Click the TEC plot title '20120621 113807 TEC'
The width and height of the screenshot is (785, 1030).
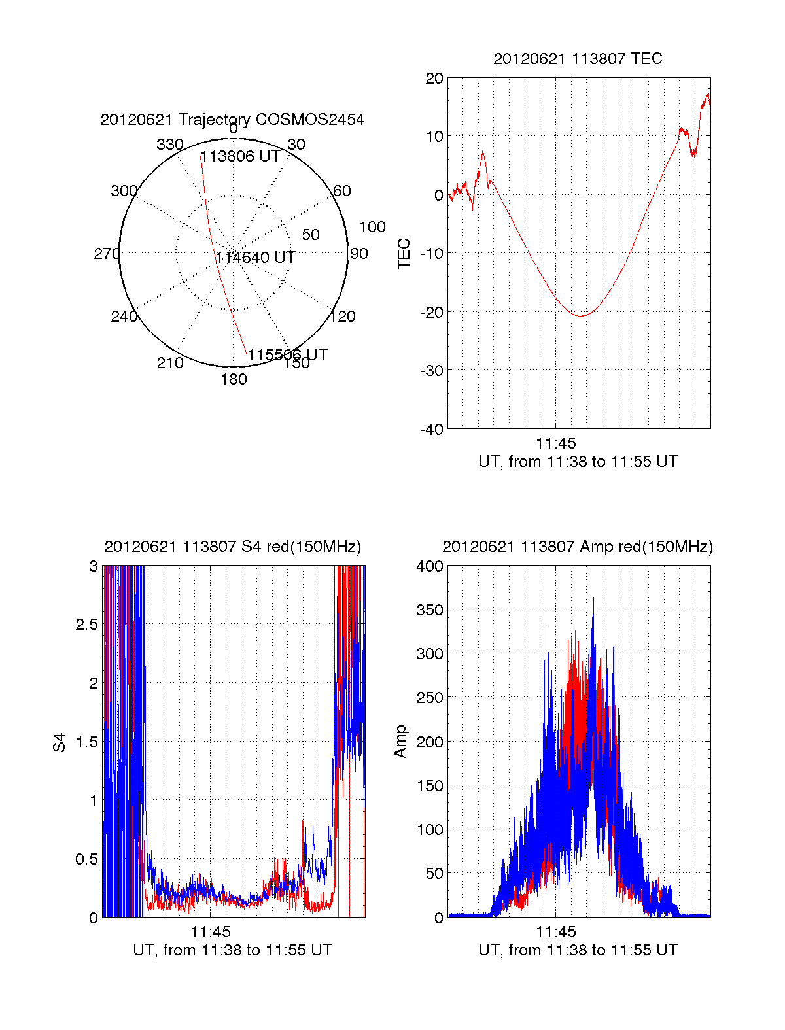[578, 59]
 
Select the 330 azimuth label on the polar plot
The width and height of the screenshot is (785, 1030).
[170, 145]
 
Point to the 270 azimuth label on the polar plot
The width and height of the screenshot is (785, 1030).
[107, 254]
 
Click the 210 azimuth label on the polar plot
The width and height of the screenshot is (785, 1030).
[170, 363]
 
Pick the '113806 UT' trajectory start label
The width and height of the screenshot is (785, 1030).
[240, 156]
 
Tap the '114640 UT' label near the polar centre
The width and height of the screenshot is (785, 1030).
[256, 258]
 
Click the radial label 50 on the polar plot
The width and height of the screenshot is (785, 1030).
[311, 235]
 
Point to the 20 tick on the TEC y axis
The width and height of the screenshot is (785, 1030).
[435, 78]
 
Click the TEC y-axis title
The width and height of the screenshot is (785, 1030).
[404, 254]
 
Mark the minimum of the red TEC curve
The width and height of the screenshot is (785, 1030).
[581, 316]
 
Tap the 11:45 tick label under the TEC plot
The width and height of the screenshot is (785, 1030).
[556, 443]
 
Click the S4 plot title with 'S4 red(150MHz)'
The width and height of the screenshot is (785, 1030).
[232, 547]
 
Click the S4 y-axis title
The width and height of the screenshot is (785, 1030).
[60, 742]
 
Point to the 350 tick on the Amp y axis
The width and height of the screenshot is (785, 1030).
[430, 610]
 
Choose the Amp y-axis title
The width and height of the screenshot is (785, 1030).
[400, 742]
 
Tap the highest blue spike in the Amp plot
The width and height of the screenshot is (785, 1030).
[593, 598]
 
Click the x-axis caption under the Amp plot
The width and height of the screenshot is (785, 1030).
[578, 950]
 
